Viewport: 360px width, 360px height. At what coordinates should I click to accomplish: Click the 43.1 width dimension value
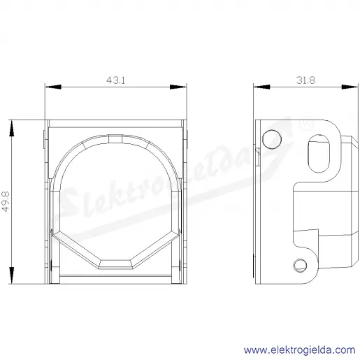tap(115, 80)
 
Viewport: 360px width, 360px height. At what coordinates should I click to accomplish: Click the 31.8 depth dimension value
tap(305, 80)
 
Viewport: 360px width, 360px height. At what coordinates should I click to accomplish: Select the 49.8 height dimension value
tap(6, 201)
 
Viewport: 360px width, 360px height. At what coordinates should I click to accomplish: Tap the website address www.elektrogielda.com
tap(300, 350)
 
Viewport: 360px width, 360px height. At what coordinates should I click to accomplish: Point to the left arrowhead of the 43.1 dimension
tap(53, 87)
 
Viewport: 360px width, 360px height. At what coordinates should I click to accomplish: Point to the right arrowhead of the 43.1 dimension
tap(178, 87)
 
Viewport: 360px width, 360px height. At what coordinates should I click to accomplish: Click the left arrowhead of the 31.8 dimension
tap(261, 87)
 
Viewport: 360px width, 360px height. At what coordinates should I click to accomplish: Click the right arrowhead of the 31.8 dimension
tap(350, 87)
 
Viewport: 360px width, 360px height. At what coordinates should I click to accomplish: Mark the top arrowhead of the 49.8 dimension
tap(11, 129)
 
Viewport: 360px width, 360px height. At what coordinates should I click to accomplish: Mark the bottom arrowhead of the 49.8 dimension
tap(11, 275)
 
